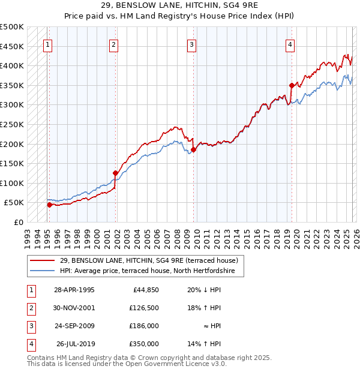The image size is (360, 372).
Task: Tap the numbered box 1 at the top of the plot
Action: tap(47, 44)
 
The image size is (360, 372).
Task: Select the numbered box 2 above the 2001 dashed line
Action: tap(113, 44)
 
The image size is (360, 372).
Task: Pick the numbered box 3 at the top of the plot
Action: tap(191, 44)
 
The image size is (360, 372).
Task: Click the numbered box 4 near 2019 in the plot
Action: tap(290, 44)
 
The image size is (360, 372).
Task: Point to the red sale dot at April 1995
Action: tap(50, 205)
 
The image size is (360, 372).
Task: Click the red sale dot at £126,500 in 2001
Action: tap(115, 173)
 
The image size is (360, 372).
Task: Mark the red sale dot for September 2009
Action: tap(193, 149)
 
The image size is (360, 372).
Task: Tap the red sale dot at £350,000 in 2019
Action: tap(292, 85)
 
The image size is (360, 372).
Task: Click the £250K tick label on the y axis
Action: tap(11, 124)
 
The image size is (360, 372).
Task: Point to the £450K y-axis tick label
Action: tap(11, 46)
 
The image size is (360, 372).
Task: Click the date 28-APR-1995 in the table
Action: tap(74, 290)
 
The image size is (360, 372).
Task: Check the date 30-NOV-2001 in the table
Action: tap(74, 308)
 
